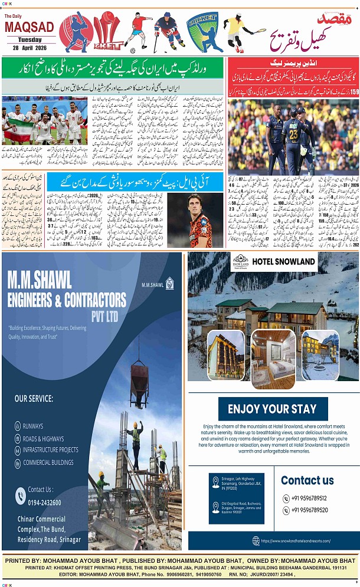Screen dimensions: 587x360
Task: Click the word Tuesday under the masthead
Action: click(29, 40)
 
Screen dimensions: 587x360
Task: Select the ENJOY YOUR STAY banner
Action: click(272, 409)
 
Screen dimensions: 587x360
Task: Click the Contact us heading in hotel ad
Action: click(307, 480)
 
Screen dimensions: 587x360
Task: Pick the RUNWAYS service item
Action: click(33, 425)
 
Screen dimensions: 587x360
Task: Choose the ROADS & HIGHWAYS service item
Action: click(43, 438)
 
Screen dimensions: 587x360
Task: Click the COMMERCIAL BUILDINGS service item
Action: click(48, 463)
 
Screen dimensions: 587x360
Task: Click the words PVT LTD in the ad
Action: click(104, 317)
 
